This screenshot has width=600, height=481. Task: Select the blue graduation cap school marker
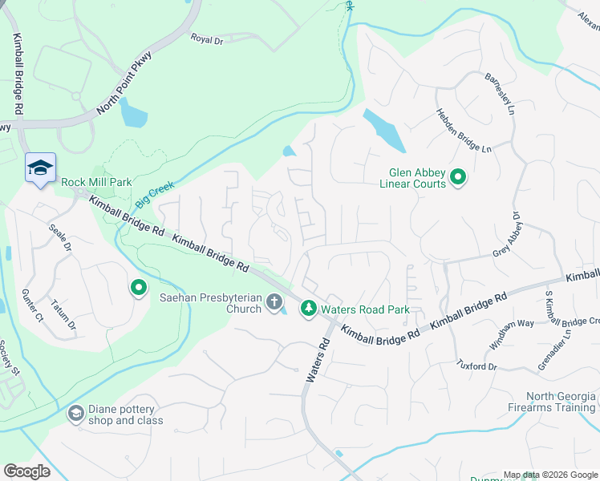coord(40,168)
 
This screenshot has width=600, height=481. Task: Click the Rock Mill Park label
coord(96,183)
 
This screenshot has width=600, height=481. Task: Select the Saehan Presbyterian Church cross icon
coord(274,302)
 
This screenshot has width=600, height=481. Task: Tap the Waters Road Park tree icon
coord(308,309)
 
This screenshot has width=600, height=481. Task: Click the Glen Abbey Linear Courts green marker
coord(458,176)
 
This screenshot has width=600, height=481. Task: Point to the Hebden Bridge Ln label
coord(463,131)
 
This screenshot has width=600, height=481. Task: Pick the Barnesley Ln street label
coord(498,94)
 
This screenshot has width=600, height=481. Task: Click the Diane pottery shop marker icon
coord(75,413)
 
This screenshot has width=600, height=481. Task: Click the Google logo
coord(26,471)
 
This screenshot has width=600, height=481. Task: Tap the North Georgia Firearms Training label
coord(561,402)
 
